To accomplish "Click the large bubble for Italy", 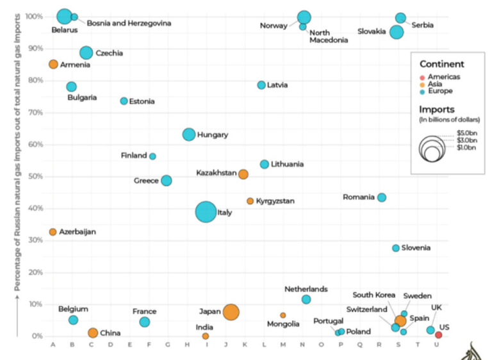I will (206, 212).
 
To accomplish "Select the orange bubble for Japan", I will (231, 312).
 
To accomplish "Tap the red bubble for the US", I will (438, 334).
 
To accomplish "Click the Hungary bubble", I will (189, 135).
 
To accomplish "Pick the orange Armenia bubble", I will (53, 64).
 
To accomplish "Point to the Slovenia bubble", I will (396, 248).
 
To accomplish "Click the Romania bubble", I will (382, 197).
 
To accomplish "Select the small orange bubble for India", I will (206, 336).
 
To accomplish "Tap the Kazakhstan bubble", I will (243, 174).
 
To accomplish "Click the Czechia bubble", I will (86, 53).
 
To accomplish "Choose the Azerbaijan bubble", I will (53, 232).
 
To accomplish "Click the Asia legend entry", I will (437, 84).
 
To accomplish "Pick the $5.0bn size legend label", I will (466, 132).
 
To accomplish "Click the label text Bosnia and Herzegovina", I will (129, 23).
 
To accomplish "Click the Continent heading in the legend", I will (442, 64).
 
